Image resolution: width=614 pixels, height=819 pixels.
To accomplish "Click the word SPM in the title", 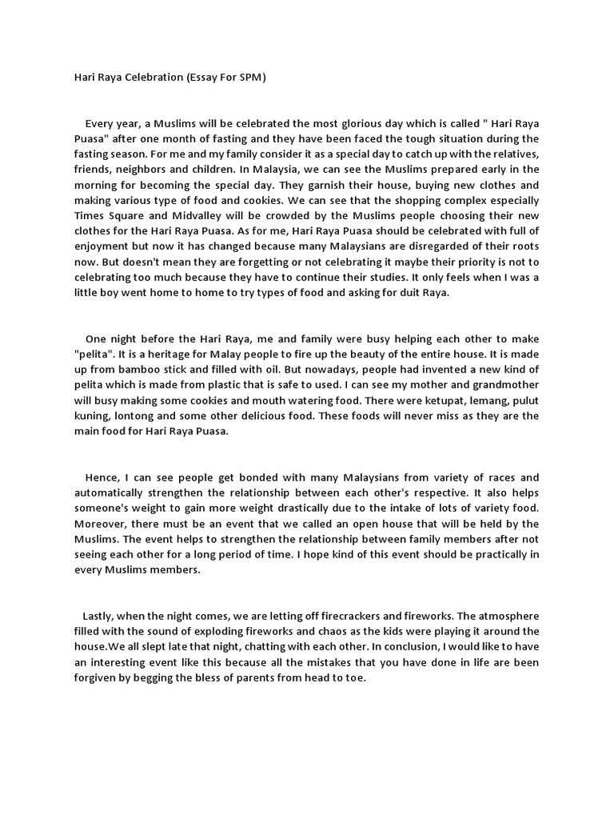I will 249,78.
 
